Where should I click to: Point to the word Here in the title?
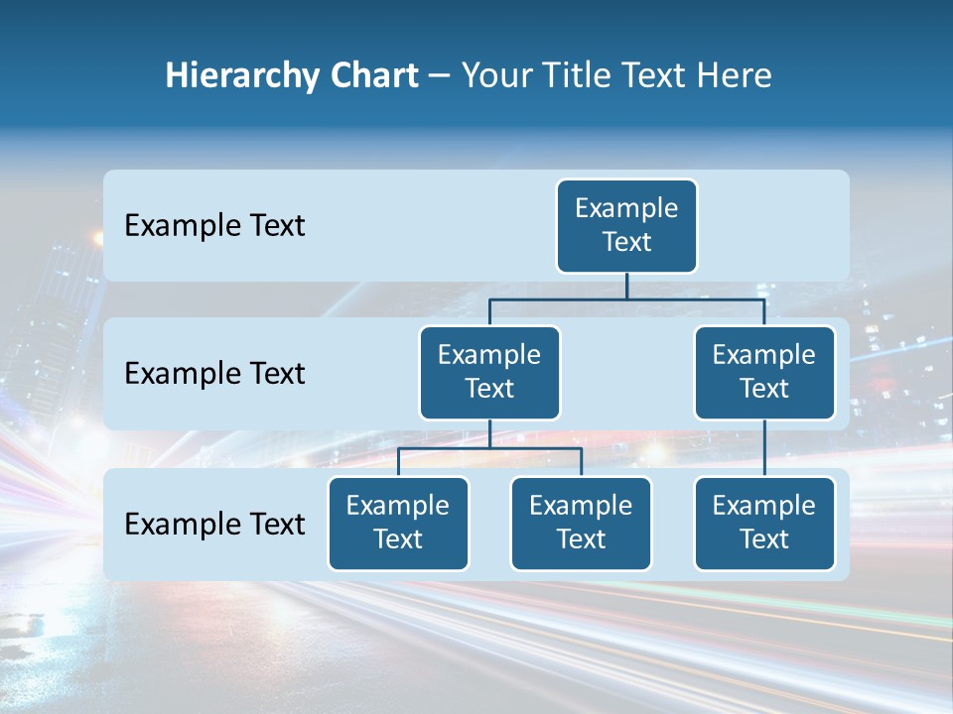coord(735,75)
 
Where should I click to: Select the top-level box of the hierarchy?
coord(626,226)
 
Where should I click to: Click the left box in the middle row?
coord(489,373)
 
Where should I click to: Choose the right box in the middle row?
coord(764,373)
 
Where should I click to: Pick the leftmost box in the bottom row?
coord(398,524)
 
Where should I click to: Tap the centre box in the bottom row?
coord(581,524)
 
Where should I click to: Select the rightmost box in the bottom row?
coord(764,524)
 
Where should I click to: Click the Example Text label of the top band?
coord(214,226)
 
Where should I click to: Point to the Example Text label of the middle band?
coord(214,374)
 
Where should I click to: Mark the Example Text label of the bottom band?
coord(214,525)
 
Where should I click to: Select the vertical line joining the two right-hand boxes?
coord(764,447)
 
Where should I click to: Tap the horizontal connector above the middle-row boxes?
coord(626,298)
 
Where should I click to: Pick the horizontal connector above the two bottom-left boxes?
coord(489,448)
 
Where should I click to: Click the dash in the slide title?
coord(439,76)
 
